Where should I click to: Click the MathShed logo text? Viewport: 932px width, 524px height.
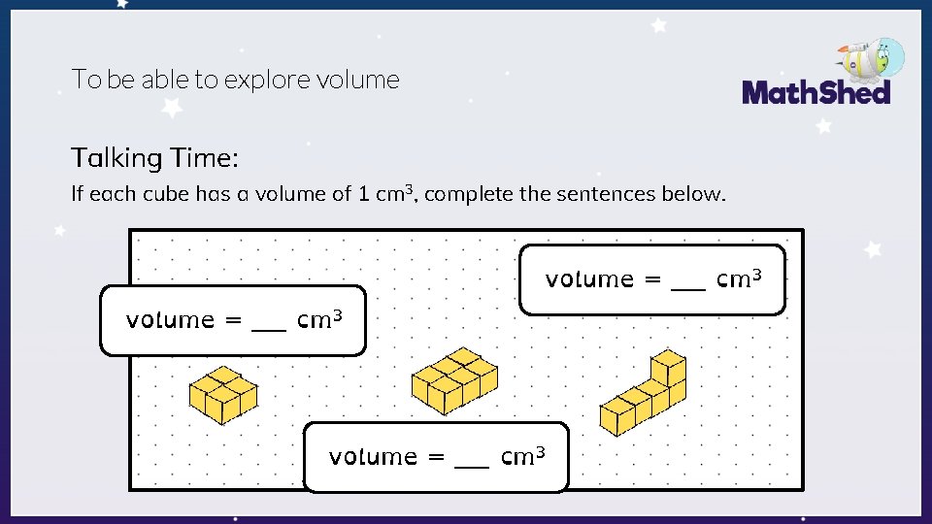[815, 93]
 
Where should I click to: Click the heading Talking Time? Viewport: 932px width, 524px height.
[154, 157]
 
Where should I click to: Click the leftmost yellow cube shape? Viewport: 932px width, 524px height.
[223, 394]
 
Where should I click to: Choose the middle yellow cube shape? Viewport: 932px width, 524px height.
[454, 380]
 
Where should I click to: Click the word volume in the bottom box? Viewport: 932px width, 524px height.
[374, 456]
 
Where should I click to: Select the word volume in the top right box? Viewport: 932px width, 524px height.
[589, 279]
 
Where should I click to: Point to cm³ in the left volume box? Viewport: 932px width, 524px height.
[320, 319]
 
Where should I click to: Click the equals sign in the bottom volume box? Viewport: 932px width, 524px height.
[437, 457]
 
